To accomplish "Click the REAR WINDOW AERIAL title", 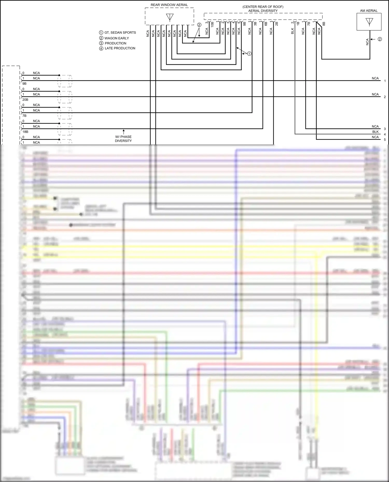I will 169,5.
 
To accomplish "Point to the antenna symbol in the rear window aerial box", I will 170,17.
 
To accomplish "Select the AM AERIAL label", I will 369,11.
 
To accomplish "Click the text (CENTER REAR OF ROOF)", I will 263,7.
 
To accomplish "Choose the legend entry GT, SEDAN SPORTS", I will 120,33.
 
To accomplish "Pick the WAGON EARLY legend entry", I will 116,38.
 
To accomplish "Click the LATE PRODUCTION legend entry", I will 120,48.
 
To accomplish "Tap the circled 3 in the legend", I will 101,43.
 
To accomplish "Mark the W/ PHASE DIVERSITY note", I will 123,139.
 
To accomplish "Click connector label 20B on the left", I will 25,100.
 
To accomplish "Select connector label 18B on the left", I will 25,132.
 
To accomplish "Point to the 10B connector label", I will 212,25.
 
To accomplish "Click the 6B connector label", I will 266,24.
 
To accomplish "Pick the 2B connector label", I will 277,24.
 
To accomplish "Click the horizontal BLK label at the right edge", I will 375,132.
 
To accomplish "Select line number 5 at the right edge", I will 385,140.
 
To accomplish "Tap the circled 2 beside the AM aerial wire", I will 380,39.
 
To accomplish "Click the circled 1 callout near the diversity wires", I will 249,54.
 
